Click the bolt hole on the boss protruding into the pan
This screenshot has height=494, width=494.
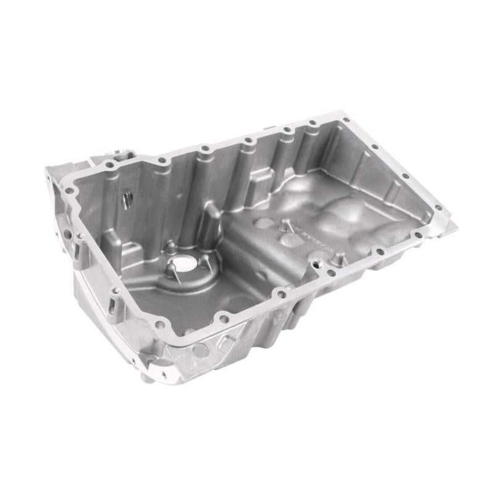point(320,264)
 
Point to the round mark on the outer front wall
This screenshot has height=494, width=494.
point(199,350)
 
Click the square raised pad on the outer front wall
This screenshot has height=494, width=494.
point(227,341)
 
